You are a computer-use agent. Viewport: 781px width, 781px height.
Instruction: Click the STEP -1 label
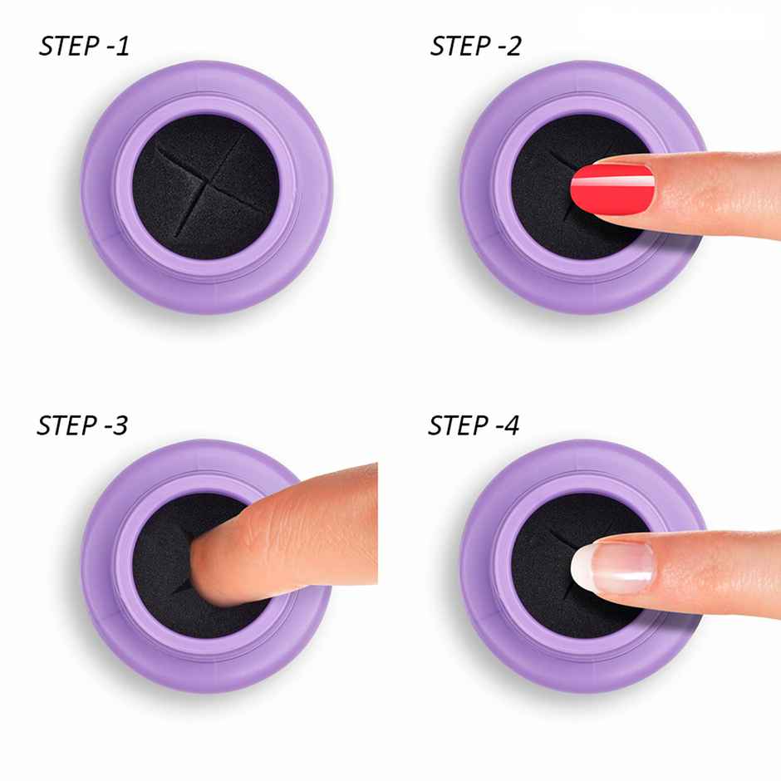pyautogui.click(x=85, y=47)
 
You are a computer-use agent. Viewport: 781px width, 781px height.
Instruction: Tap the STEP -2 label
pyautogui.click(x=475, y=47)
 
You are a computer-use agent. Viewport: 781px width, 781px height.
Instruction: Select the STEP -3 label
pyautogui.click(x=83, y=425)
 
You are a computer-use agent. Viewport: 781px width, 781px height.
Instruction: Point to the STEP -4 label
pyautogui.click(x=474, y=425)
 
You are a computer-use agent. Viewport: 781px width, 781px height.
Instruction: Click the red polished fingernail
pyautogui.click(x=613, y=184)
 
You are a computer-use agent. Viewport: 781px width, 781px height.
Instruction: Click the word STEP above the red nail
pyautogui.click(x=459, y=47)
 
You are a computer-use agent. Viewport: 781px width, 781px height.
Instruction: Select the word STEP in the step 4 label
pyautogui.click(x=457, y=425)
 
